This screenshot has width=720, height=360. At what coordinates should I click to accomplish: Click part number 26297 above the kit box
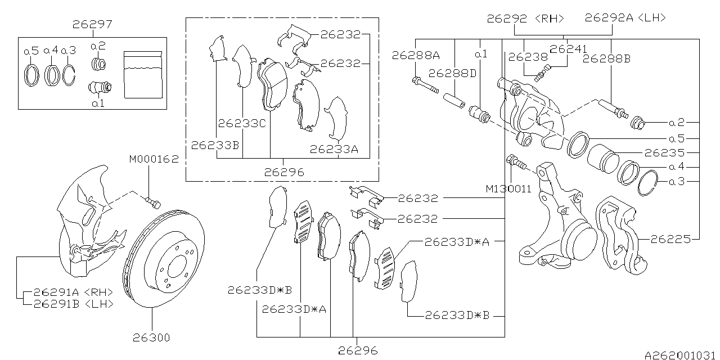click(x=93, y=25)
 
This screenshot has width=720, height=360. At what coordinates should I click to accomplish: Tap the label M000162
click(x=154, y=159)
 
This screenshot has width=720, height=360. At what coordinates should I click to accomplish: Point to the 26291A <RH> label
click(x=73, y=292)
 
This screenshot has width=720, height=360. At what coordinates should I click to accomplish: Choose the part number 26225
click(x=670, y=239)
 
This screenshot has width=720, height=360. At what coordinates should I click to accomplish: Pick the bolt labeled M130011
click(x=516, y=163)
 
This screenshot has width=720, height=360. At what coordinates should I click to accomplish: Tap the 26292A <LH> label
click(x=625, y=18)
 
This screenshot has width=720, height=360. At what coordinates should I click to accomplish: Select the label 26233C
click(x=242, y=123)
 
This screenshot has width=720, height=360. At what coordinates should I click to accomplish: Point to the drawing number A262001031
click(x=681, y=355)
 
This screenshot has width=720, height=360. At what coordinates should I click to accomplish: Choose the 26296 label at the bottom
click(x=358, y=349)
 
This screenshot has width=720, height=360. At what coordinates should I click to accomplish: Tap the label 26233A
click(x=334, y=149)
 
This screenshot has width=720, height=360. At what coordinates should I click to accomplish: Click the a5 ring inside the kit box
click(x=31, y=75)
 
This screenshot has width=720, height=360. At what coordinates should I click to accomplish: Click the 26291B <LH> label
click(x=73, y=304)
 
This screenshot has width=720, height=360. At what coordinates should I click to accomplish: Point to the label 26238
click(x=527, y=56)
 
